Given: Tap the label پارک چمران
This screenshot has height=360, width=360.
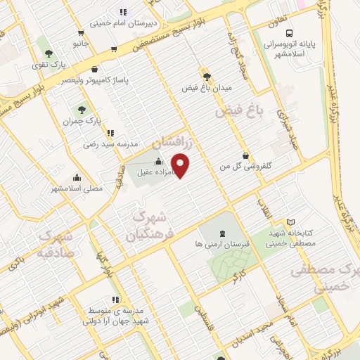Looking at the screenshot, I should (x=82, y=121).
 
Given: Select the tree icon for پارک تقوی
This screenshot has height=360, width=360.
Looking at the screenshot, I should (x=49, y=53).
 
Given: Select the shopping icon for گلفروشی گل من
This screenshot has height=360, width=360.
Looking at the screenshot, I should (x=245, y=155).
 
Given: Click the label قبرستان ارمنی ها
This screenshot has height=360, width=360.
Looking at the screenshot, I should (x=223, y=243).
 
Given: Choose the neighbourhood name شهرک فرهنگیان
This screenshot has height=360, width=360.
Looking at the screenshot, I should (x=150, y=226).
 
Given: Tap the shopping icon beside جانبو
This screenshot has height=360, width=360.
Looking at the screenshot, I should (x=82, y=32).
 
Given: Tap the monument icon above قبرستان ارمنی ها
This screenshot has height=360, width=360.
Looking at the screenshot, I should (x=223, y=233).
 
